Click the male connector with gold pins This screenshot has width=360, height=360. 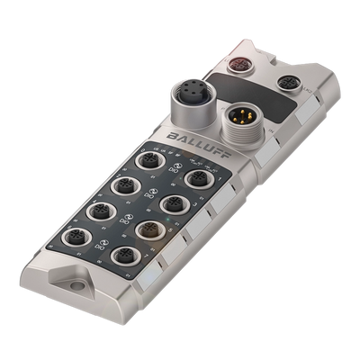coord(240,119)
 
